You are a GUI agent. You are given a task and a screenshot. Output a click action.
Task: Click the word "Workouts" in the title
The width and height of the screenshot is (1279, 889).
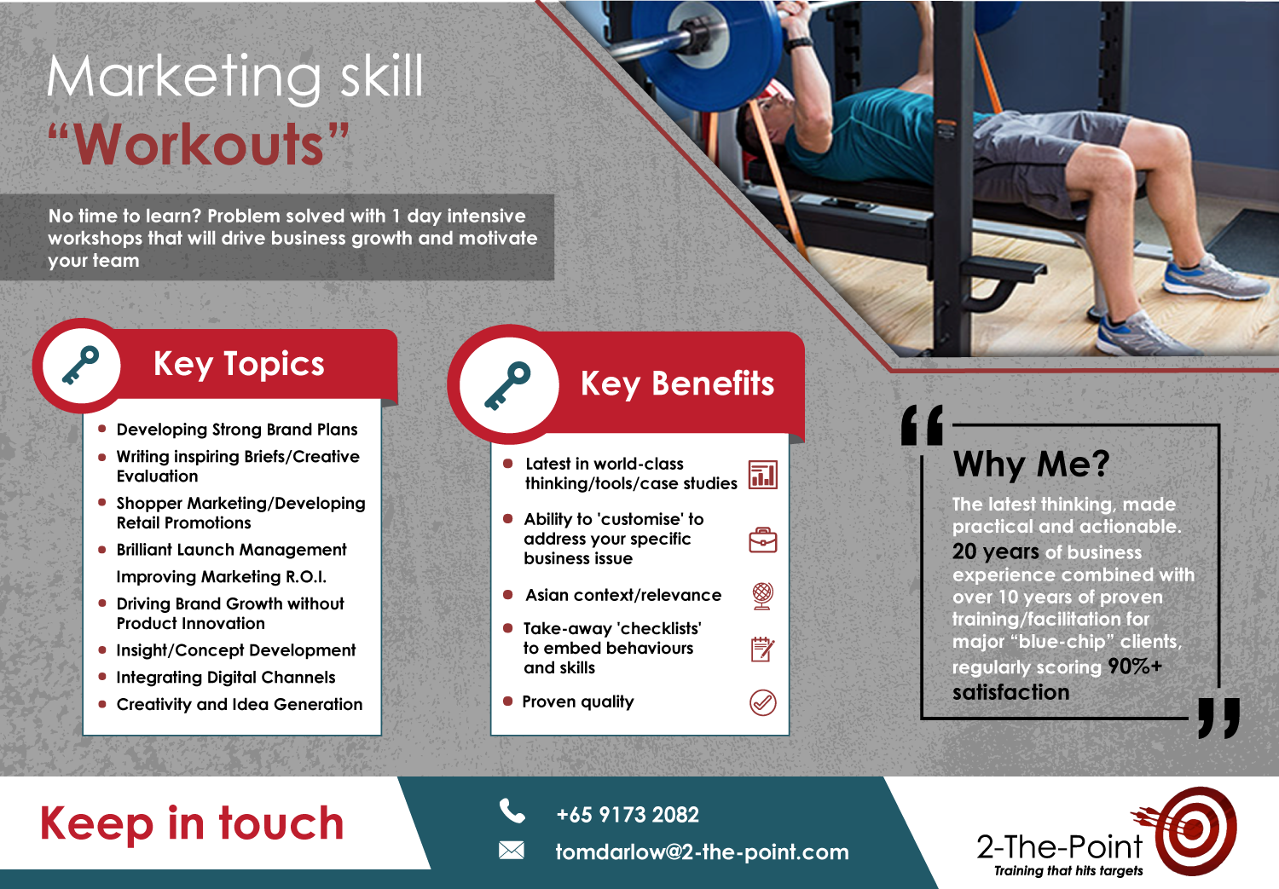(200, 145)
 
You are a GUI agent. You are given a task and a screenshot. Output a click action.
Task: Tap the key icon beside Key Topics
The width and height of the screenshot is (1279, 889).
(81, 366)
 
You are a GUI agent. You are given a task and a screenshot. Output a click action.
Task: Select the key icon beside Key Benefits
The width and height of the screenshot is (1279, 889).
(507, 385)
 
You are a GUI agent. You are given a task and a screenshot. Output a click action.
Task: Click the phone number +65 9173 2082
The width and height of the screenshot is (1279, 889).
(627, 815)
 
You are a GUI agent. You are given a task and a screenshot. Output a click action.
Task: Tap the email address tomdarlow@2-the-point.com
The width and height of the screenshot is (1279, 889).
(702, 851)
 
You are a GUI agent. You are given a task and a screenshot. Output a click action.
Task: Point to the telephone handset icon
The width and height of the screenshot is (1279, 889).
(512, 811)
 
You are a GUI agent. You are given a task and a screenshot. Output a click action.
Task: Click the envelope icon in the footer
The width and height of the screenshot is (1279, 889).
(512, 850)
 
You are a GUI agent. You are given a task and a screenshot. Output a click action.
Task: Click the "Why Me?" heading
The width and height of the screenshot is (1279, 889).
(1032, 465)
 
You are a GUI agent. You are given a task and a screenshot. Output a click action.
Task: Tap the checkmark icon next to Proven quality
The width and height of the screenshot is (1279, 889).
(762, 702)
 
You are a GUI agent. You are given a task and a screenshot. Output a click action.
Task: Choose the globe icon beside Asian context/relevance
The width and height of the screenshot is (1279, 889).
(762, 595)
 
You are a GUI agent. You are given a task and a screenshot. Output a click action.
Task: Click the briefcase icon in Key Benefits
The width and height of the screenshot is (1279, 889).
(762, 540)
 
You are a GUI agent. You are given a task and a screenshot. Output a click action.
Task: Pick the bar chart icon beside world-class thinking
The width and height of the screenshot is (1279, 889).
(762, 475)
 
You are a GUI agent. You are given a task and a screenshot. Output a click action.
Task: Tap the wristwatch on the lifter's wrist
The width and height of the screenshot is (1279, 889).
(799, 43)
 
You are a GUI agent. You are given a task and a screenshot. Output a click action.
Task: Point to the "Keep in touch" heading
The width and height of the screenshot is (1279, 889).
(192, 823)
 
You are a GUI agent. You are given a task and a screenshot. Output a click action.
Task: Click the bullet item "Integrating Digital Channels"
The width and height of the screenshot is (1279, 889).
(226, 678)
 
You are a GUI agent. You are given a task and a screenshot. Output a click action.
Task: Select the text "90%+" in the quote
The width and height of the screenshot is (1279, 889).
(1134, 667)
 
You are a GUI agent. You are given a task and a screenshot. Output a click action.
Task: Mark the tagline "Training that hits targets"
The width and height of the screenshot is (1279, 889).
(1068, 871)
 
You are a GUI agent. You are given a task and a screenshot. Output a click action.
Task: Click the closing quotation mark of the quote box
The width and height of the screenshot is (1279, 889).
(1218, 718)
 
